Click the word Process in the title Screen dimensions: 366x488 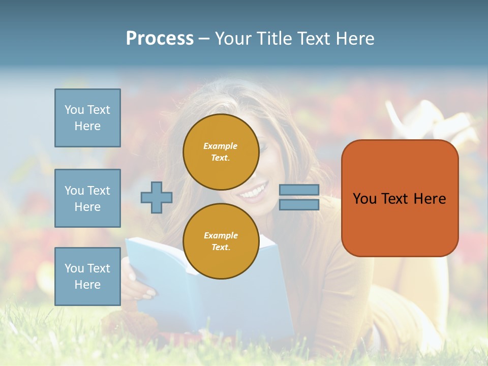coord(160,39)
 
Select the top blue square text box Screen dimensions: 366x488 coord(87,118)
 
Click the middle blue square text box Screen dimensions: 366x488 coord(87,198)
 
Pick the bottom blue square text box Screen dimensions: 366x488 coord(87,276)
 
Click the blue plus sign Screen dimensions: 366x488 coord(157,197)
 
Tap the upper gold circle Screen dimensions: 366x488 coord(221,151)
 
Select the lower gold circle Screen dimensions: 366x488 coord(221,241)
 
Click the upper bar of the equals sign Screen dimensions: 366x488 coord(299,190)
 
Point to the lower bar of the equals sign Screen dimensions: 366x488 coord(299,204)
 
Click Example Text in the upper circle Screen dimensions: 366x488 coord(221,151)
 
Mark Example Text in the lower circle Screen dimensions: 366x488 coord(221,241)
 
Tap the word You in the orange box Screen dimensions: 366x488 coord(364,199)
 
